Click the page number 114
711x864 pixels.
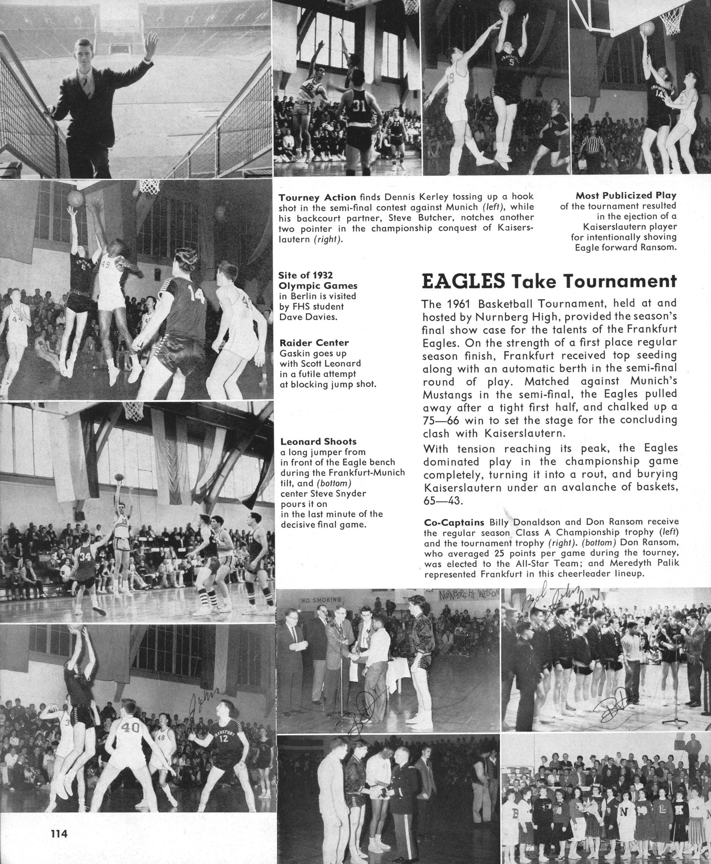click(x=58, y=834)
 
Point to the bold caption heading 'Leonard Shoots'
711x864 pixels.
click(x=318, y=442)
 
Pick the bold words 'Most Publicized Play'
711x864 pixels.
click(x=626, y=195)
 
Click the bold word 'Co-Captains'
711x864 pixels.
click(x=454, y=522)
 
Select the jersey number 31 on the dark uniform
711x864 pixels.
click(x=359, y=107)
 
